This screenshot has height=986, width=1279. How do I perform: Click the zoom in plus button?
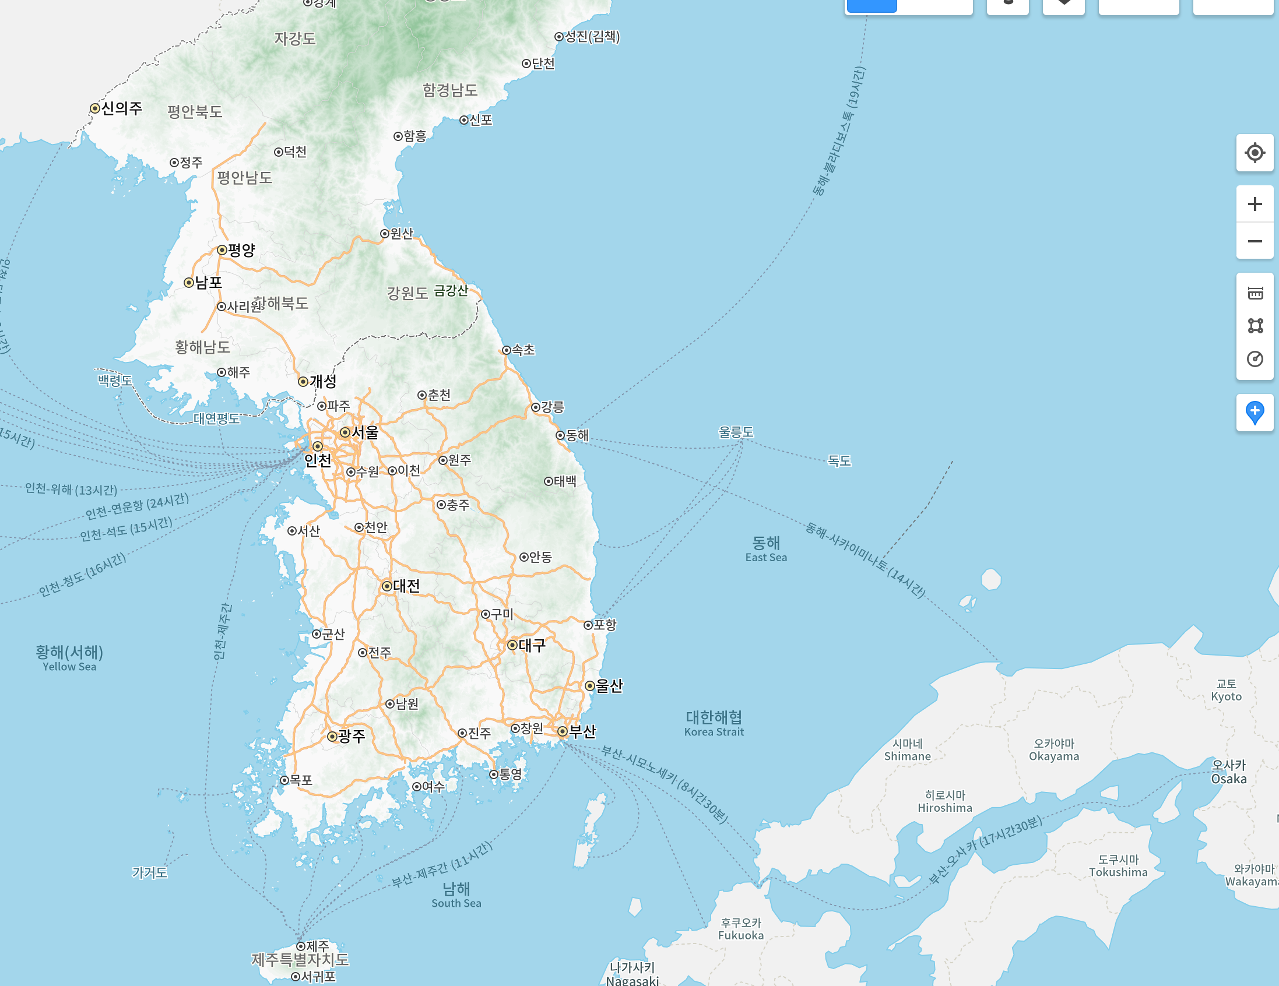pos(1255,204)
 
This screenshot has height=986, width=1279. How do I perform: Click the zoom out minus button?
pos(1255,241)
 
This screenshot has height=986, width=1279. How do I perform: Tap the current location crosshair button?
pos(1255,153)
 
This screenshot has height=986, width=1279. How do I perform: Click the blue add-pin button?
pos(1255,412)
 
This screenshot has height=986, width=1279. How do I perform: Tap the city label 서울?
pos(365,433)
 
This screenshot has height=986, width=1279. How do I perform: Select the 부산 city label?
pos(582,731)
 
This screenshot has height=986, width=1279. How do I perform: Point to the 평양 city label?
pos(241,250)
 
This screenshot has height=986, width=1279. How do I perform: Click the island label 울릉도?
pos(736,432)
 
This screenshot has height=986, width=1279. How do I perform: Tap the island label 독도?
pos(839,461)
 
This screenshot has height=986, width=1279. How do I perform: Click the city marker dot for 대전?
pos(387,586)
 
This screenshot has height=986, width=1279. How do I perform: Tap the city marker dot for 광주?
pos(332,736)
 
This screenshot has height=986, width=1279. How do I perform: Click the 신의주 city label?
pos(122,108)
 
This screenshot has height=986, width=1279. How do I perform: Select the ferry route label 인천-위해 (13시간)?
pos(71,489)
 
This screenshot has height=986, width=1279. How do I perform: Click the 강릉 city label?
pos(552,407)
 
